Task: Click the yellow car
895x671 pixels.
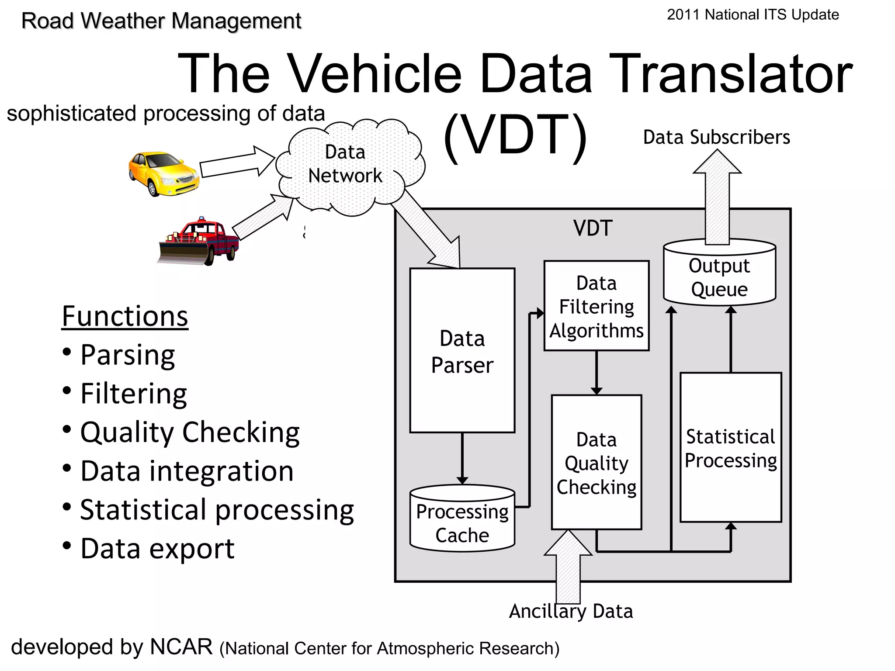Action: [163, 173]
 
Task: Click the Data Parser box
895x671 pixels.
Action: [462, 351]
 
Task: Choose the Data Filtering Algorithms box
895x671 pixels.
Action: [596, 306]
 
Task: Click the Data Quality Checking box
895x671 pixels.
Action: [596, 463]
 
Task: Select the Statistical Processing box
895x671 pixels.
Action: [731, 448]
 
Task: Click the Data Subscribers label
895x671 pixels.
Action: [716, 137]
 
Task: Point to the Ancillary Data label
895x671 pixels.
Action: [571, 611]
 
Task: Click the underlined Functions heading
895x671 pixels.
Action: [125, 316]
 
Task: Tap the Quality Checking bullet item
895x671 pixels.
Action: [190, 432]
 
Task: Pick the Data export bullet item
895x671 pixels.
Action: [157, 549]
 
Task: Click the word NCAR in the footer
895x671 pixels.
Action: [181, 647]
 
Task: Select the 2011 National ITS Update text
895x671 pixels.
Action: [753, 15]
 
